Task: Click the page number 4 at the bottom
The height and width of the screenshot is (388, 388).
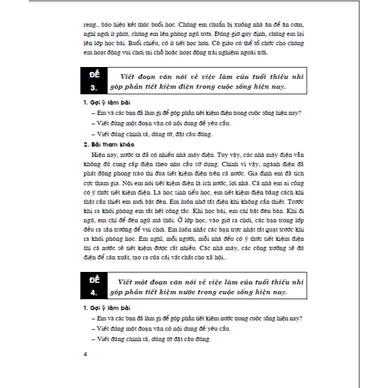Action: click(x=85, y=355)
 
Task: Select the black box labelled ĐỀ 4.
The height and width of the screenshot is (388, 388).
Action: click(x=95, y=287)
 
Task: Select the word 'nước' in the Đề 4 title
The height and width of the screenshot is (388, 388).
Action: click(x=197, y=292)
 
